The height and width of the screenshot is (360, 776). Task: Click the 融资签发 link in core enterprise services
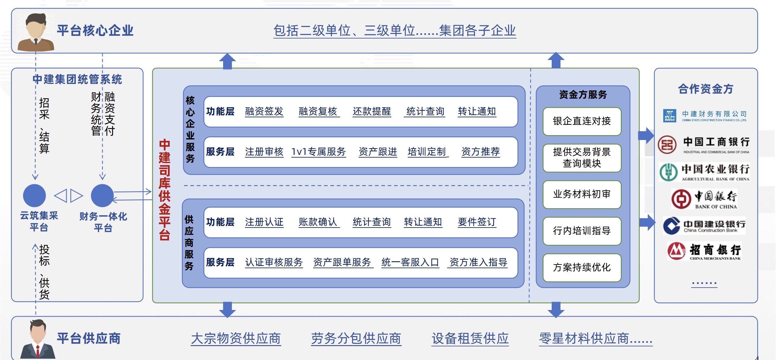(264, 112)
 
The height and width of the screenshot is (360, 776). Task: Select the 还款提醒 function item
(372, 112)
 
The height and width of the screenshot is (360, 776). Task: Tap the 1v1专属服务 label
(318, 152)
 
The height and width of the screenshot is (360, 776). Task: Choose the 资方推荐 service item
(480, 152)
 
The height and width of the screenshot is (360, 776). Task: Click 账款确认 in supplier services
(318, 222)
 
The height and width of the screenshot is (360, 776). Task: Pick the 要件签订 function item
(477, 222)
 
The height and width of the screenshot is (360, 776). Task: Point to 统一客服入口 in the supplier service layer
(410, 262)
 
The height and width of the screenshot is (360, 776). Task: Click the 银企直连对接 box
(582, 121)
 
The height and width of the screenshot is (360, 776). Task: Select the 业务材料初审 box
(582, 194)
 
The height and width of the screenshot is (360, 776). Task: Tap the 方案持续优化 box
(582, 267)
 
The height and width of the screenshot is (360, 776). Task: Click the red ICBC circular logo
(667, 145)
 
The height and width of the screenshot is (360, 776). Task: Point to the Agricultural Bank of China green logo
(668, 172)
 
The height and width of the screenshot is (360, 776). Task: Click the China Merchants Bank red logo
(676, 251)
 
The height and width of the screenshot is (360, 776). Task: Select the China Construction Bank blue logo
(672, 226)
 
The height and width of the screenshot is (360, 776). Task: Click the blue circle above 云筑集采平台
(35, 195)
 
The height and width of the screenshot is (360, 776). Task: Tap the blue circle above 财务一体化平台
(102, 195)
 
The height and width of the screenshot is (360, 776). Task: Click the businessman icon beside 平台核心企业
(36, 32)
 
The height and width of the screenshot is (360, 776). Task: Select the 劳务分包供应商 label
(356, 338)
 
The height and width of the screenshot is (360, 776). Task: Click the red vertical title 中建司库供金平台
(165, 190)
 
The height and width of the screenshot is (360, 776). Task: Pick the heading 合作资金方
(705, 89)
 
